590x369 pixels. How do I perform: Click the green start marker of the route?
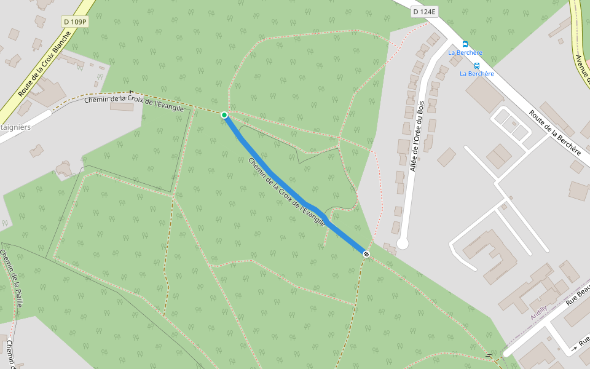tap(224, 115)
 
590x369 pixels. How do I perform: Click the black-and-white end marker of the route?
tap(366, 254)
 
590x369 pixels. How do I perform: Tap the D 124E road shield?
tap(424, 12)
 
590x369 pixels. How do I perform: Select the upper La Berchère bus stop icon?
tap(465, 44)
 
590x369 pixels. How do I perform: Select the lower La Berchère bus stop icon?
tap(477, 65)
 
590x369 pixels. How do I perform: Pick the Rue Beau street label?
tap(577, 294)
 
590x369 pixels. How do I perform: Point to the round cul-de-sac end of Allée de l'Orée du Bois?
tap(403, 244)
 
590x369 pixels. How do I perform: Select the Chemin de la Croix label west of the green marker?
tap(133, 103)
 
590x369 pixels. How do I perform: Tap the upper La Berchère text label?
tap(465, 53)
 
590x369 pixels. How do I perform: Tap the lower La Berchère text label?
tap(477, 74)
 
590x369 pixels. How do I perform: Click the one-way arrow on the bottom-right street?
tap(574, 348)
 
